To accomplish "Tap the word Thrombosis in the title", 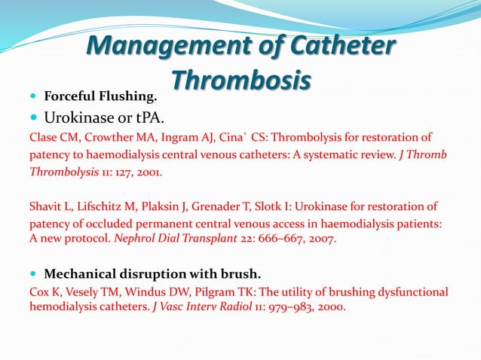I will (x=240, y=80).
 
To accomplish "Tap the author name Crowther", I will (x=106, y=137).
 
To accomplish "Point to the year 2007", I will (x=319, y=239).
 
